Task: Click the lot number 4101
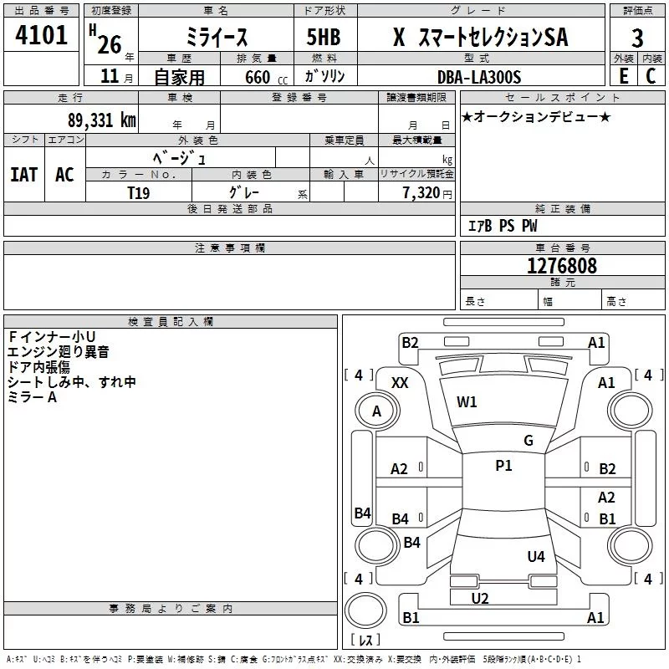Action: click(42, 36)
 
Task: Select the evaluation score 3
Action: click(637, 38)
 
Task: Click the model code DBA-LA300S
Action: click(479, 77)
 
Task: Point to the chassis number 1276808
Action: click(562, 266)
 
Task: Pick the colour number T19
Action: click(139, 192)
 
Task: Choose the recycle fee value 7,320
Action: click(421, 192)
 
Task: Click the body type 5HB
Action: click(323, 38)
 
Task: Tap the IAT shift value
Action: click(23, 174)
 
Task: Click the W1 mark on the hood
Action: click(467, 401)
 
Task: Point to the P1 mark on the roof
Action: click(503, 466)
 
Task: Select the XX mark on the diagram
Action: click(400, 382)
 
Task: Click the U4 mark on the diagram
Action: click(536, 556)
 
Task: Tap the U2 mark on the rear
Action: click(480, 598)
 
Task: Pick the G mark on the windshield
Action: click(529, 440)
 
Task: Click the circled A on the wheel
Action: click(376, 411)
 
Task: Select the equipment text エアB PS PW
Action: click(502, 226)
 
